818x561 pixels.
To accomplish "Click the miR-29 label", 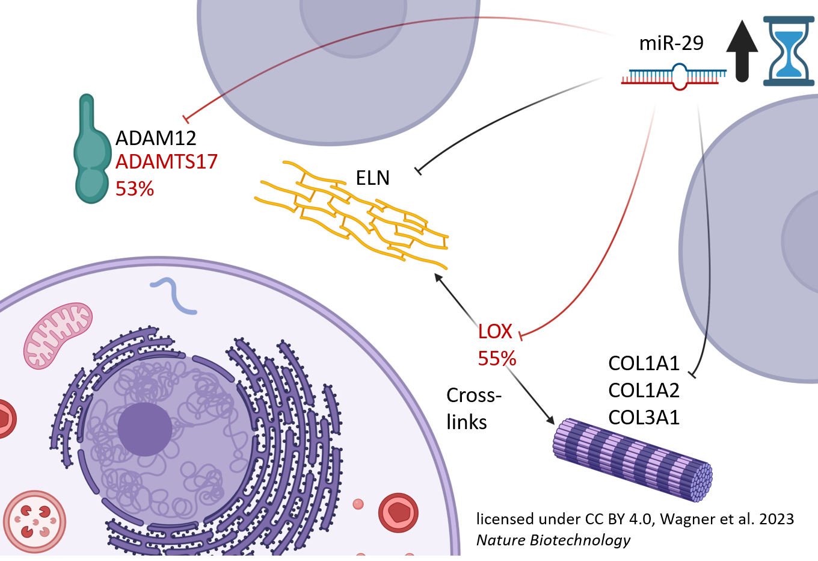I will point(671,43).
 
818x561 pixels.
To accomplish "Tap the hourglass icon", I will point(789,51).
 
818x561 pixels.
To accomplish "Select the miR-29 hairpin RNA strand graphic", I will point(674,77).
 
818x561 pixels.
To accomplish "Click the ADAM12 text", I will point(156,138).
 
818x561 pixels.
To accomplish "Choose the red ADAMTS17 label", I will point(166,162).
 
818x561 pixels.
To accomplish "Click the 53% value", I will point(135,189).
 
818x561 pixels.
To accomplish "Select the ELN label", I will point(372,178).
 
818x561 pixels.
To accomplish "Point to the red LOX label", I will point(495,332).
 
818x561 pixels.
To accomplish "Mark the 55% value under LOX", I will point(497,359).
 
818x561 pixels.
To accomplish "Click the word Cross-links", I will point(473,409).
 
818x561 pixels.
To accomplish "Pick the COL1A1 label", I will point(644,364).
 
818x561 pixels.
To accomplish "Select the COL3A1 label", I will point(644,418).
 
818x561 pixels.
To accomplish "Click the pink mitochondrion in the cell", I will point(58,335).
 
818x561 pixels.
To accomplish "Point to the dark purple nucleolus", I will point(144,429).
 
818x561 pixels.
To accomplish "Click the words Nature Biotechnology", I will point(553,541).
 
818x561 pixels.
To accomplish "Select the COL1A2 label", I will point(644,391).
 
